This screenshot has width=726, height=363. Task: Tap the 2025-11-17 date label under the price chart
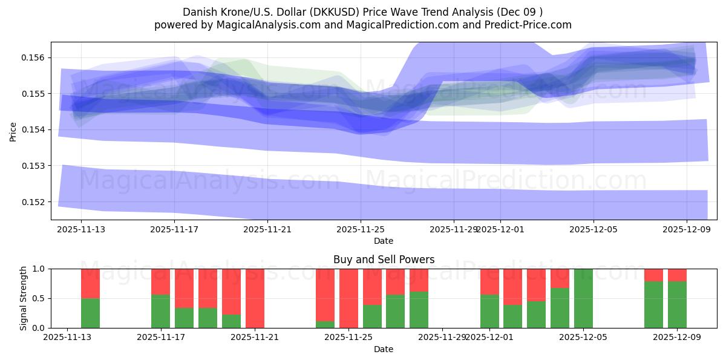174,229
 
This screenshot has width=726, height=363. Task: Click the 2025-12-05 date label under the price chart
593,229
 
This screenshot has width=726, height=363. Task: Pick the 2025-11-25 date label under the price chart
361,229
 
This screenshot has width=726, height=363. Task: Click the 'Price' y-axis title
13,131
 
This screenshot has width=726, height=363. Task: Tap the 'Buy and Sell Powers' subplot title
384,260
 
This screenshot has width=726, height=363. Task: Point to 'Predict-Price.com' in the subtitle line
526,25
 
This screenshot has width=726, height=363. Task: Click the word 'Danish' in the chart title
198,11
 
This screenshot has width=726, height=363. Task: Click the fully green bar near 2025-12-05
583,298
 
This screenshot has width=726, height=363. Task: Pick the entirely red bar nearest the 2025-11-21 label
255,298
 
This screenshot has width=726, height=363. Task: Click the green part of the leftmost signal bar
90,313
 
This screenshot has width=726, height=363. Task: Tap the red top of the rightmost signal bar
677,275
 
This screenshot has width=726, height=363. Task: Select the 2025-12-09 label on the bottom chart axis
677,338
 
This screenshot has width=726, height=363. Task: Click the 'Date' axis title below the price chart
384,241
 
